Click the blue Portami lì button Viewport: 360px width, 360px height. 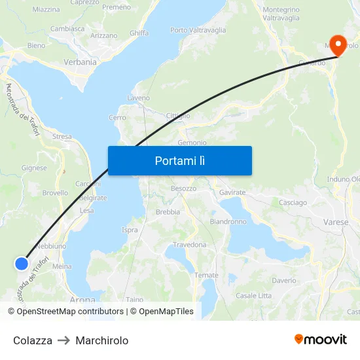pyautogui.click(x=179, y=160)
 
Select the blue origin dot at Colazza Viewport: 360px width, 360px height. pyautogui.click(x=22, y=263)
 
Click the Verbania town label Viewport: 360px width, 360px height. pyautogui.click(x=80, y=62)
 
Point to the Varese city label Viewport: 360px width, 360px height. pyautogui.click(x=336, y=223)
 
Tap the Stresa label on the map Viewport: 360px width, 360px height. pyautogui.click(x=62, y=137)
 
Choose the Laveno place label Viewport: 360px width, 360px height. pyautogui.click(x=138, y=98)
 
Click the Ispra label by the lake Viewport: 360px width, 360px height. pyautogui.click(x=130, y=230)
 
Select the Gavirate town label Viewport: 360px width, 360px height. pyautogui.click(x=232, y=192)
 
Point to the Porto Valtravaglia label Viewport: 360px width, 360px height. pyautogui.click(x=198, y=30)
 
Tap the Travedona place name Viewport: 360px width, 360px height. pyautogui.click(x=190, y=245)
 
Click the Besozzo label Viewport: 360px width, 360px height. pyautogui.click(x=183, y=189)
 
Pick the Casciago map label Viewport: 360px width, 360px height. pyautogui.click(x=293, y=203)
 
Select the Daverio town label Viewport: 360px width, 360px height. pyautogui.click(x=284, y=280)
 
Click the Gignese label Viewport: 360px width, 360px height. pyautogui.click(x=34, y=168)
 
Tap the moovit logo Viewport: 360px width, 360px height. pyautogui.click(x=321, y=340)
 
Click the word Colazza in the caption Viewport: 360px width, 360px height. pyautogui.click(x=33, y=340)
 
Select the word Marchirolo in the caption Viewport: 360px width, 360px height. pyautogui.click(x=102, y=340)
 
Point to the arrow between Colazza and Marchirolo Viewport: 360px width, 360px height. pyautogui.click(x=63, y=340)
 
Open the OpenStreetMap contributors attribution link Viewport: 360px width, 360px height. pyautogui.click(x=70, y=312)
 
